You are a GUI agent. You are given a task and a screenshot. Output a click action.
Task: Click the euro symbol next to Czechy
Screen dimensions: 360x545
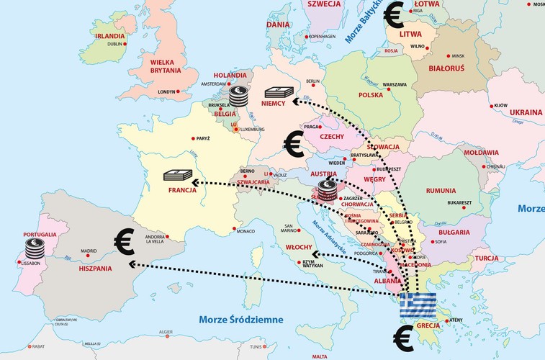tap(293, 144)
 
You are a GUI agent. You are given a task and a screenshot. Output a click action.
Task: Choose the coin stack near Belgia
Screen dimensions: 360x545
tap(238, 96)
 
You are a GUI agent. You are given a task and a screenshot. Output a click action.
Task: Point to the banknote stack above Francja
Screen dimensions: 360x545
tap(178, 175)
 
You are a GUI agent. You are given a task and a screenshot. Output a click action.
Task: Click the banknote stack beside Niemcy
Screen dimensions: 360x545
tap(281, 91)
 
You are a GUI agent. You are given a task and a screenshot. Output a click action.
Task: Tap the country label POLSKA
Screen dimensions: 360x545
tap(371, 95)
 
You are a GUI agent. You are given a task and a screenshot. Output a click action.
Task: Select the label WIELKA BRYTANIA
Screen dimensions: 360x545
tap(166, 67)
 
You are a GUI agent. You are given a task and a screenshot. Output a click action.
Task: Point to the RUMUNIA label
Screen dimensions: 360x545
tap(441, 190)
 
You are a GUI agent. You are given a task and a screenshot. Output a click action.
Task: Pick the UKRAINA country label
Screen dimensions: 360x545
tap(526, 113)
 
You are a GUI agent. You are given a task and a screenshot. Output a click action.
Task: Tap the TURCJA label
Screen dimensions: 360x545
tap(487, 258)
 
